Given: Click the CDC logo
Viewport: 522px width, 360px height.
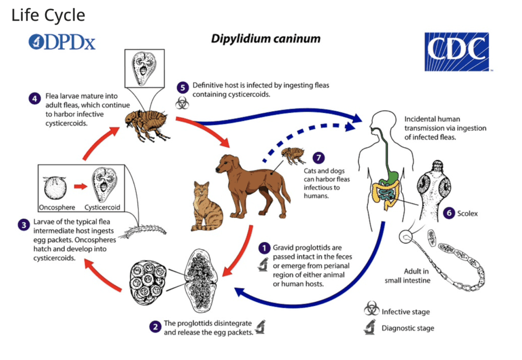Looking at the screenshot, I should [x=457, y=52].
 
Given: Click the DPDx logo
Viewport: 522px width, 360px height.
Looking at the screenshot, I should [x=61, y=42].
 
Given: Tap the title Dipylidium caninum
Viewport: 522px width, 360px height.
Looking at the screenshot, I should [x=265, y=39].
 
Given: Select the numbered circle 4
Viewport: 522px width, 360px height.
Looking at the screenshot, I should [x=35, y=99].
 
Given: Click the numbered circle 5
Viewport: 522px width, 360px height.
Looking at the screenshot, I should [x=183, y=86].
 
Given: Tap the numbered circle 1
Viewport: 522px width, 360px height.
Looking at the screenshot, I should [x=264, y=248].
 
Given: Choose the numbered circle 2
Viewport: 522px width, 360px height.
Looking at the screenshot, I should [x=155, y=326].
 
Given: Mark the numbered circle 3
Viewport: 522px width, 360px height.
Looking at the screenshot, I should [x=23, y=224].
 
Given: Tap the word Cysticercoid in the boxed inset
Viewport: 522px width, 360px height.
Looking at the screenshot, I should [x=102, y=207].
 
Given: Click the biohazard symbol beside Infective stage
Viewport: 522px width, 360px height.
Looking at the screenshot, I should [x=372, y=311].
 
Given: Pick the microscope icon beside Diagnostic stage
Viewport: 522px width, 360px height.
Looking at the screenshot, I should [x=372, y=327].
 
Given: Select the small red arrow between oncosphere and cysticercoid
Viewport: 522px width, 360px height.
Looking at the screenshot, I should [x=80, y=186].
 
